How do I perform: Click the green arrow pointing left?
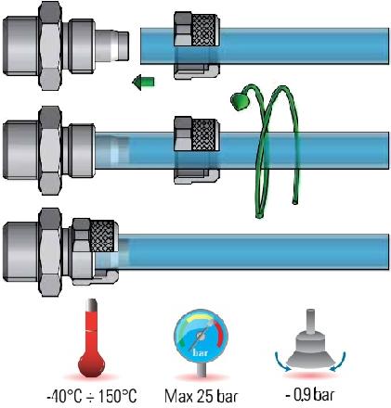143,83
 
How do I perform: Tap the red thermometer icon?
92,338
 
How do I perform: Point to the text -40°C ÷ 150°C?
92,396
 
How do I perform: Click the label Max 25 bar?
202,396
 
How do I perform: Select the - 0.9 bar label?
310,394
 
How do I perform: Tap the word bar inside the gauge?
201,352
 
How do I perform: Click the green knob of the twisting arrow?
239,101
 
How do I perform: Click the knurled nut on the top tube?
197,45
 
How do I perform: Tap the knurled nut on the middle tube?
197,150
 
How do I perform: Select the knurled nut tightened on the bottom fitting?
96,251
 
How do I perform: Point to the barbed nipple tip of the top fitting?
112,45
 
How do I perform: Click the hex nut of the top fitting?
50,46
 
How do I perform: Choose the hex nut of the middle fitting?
50,150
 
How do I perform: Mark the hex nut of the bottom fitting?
50,252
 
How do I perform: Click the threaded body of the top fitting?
21,46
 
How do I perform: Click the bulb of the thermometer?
92,364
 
